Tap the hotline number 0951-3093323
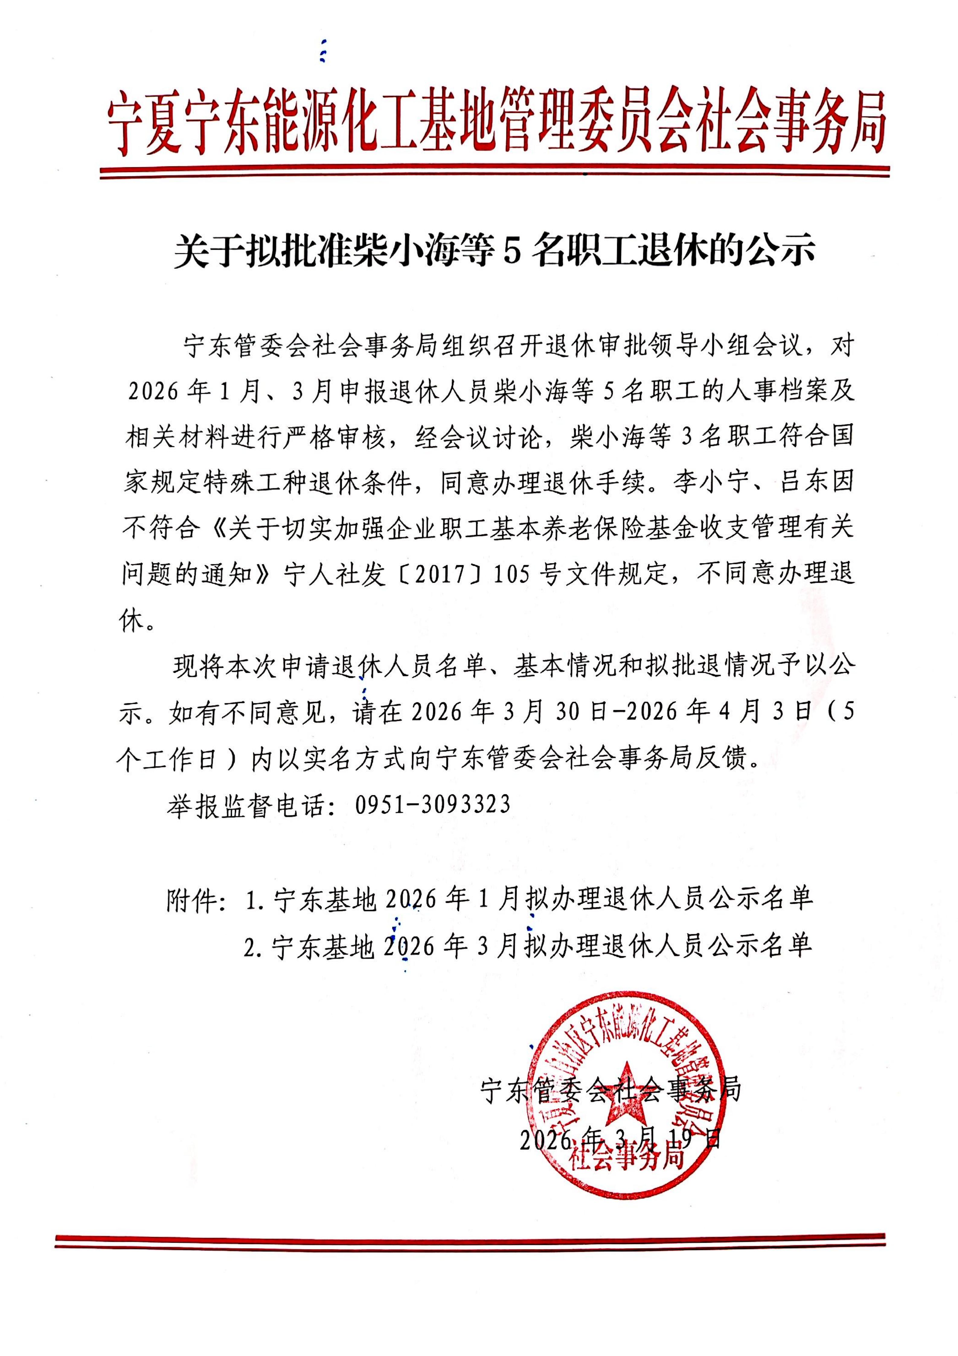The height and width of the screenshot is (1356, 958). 432,804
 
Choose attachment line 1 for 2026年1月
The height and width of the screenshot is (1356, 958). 529,898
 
